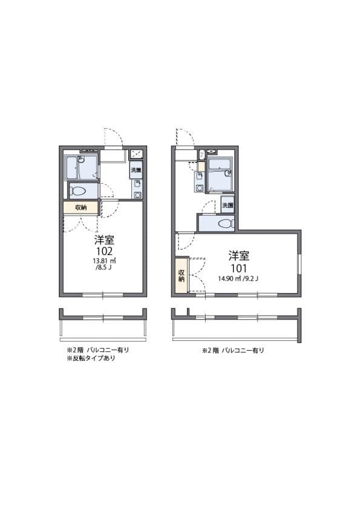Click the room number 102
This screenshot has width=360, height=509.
click(x=103, y=250)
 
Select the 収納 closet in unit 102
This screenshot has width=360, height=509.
click(x=81, y=207)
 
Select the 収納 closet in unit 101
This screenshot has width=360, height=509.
click(x=182, y=276)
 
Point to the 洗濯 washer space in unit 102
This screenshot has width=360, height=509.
click(x=137, y=170)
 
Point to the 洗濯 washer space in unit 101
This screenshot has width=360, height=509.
click(x=227, y=205)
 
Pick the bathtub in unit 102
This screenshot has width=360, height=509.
click(x=82, y=166)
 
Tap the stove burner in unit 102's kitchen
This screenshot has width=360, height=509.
click(x=137, y=154)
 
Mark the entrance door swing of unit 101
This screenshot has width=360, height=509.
click(x=184, y=137)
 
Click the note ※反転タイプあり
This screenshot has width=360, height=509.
click(x=91, y=358)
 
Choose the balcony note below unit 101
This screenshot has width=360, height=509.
click(x=233, y=350)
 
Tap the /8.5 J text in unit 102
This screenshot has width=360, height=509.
click(x=102, y=268)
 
